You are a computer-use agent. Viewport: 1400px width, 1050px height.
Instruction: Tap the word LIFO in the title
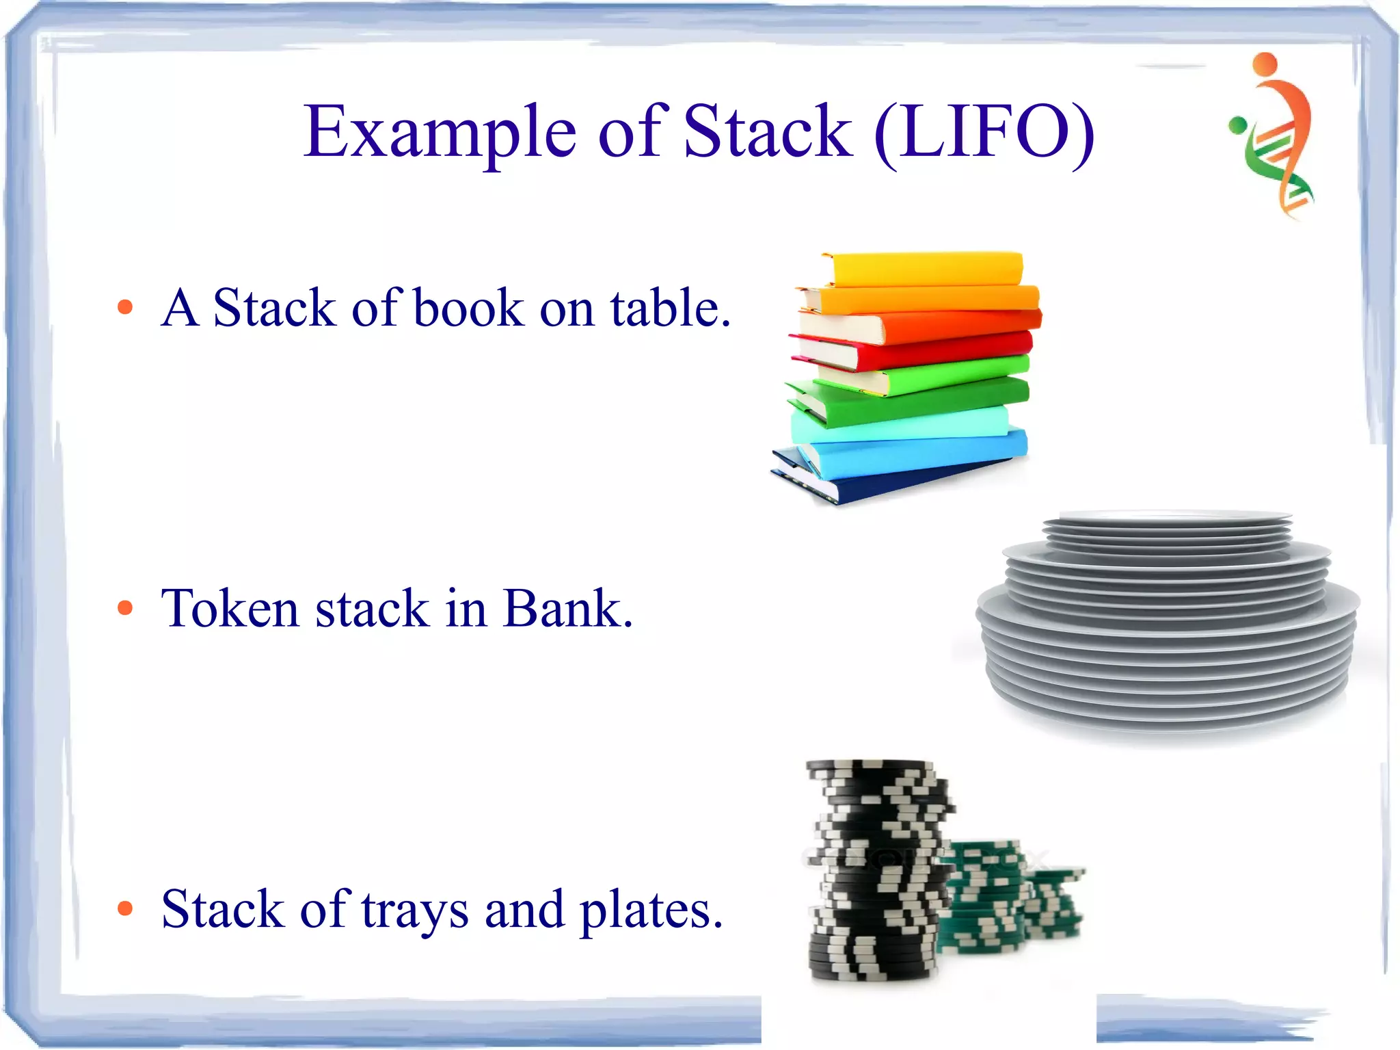point(984,131)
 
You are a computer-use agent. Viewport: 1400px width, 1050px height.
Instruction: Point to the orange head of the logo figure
point(1265,63)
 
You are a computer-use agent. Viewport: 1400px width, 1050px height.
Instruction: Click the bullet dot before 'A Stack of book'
point(125,307)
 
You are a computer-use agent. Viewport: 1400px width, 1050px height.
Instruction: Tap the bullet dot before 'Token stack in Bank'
point(125,607)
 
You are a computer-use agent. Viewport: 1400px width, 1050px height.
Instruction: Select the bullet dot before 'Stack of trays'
point(125,908)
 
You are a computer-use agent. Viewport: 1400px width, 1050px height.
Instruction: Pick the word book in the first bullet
point(469,308)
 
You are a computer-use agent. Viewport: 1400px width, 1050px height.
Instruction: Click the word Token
point(229,607)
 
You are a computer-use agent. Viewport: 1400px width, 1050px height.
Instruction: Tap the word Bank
point(567,607)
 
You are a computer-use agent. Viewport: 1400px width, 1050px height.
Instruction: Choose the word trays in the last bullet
point(415,911)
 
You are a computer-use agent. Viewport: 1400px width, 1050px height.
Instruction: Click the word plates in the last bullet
point(651,911)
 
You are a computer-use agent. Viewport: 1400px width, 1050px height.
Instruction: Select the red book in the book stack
point(916,350)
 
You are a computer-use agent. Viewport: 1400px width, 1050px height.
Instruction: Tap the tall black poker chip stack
point(878,869)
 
